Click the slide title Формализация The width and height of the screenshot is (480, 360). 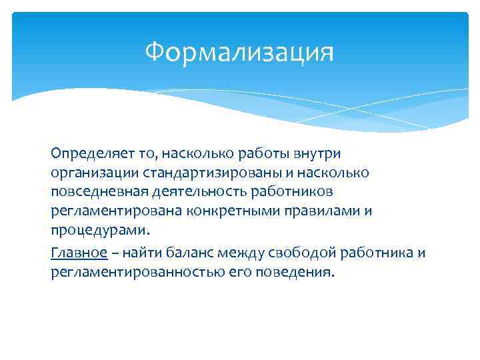(239, 51)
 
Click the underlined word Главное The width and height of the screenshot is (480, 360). (79, 253)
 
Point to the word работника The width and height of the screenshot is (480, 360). (377, 253)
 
